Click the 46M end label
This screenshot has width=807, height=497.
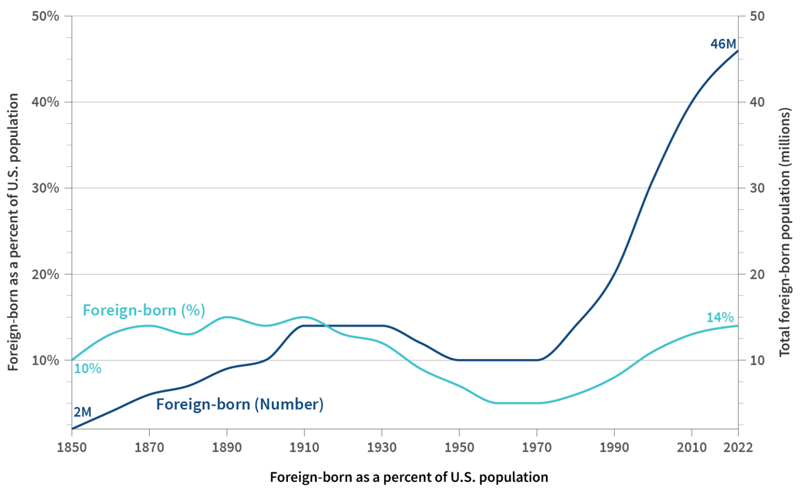pyautogui.click(x=723, y=44)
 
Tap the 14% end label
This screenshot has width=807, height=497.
pyautogui.click(x=719, y=318)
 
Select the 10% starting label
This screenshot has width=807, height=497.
pyautogui.click(x=87, y=369)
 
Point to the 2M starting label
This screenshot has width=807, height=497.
pyautogui.click(x=82, y=413)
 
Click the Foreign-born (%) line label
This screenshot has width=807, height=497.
pyautogui.click(x=143, y=310)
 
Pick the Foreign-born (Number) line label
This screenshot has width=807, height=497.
pyautogui.click(x=240, y=404)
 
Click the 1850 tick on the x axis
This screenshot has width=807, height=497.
pyautogui.click(x=72, y=447)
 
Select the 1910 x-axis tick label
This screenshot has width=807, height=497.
pyautogui.click(x=304, y=447)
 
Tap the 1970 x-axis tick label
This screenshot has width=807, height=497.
pyautogui.click(x=536, y=447)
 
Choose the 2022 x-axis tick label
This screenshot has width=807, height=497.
pyautogui.click(x=738, y=447)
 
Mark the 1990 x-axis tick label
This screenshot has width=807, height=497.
pyautogui.click(x=614, y=447)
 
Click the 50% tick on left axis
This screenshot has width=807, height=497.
pyautogui.click(x=46, y=16)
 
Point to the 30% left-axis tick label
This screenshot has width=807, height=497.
pyautogui.click(x=46, y=188)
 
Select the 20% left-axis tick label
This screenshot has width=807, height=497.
pyautogui.click(x=46, y=274)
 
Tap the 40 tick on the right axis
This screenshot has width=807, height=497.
pyautogui.click(x=757, y=102)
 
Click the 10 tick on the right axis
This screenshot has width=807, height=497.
pyautogui.click(x=757, y=361)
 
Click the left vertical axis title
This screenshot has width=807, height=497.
pyautogui.click(x=13, y=232)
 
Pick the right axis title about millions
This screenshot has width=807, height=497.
pyautogui.click(x=784, y=232)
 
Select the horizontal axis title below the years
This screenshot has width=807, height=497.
pyautogui.click(x=409, y=477)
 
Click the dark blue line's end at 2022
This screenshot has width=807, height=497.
pyautogui.click(x=738, y=51)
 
